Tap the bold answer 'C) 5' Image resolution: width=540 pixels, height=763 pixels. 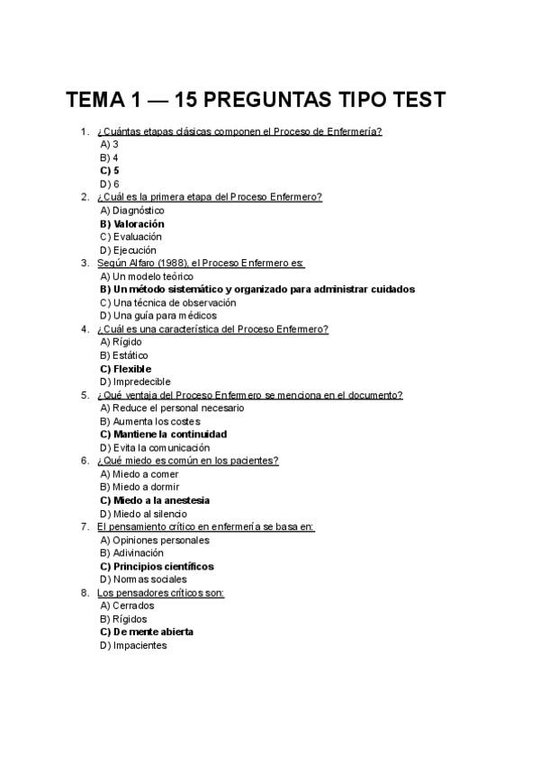coord(110,170)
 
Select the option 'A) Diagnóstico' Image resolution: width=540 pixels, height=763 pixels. coord(132,211)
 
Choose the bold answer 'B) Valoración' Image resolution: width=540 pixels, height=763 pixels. coord(132,224)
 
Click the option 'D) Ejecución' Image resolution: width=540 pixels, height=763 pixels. coord(129,250)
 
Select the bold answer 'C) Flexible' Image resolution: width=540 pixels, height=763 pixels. coord(126,369)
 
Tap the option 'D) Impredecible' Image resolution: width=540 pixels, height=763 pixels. coord(135,381)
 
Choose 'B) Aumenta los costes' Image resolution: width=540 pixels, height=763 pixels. coord(150,421)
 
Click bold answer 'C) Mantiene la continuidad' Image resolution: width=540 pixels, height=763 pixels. coord(164,434)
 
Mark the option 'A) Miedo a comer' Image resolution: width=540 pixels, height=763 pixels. coord(139,474)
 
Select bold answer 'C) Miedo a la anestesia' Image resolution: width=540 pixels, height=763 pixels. coord(156,500)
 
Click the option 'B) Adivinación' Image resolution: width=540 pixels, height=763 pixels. coord(132,553)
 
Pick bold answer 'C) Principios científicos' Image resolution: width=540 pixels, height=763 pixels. coord(157,567)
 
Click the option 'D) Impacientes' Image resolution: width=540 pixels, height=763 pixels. coord(134,645)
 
